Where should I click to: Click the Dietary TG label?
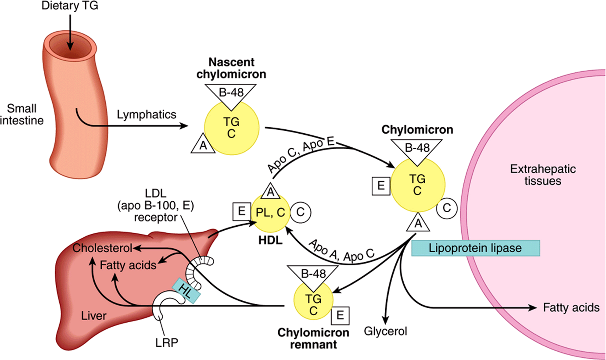click(70, 6)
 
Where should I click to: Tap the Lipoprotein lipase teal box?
click(476, 248)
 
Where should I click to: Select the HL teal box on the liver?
click(186, 291)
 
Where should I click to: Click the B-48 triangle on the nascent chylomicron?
click(231, 95)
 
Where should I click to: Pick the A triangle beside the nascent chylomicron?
click(203, 144)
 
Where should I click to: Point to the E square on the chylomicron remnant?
click(340, 315)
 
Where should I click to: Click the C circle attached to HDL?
click(301, 212)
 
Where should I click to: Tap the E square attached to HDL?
click(242, 212)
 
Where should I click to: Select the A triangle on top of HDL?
click(271, 191)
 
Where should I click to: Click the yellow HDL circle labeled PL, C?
click(271, 213)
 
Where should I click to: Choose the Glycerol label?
click(385, 331)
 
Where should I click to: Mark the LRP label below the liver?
click(167, 343)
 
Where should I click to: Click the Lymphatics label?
click(147, 114)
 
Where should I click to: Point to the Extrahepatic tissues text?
click(543, 175)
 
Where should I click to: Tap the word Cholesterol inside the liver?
click(102, 248)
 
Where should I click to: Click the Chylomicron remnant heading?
click(313, 339)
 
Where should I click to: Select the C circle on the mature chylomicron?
click(447, 208)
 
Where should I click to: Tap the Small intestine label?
click(22, 114)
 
